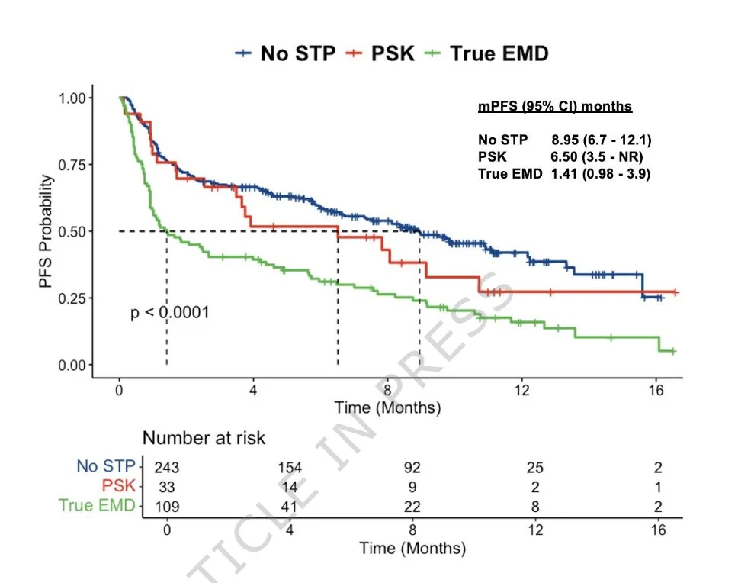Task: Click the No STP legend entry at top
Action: [285, 53]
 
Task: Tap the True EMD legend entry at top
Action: [487, 53]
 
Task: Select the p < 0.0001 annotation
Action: [170, 312]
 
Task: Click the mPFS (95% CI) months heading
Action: [555, 106]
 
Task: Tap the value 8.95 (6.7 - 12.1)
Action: [602, 140]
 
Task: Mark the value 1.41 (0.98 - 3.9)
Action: [601, 173]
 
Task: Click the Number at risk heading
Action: [204, 438]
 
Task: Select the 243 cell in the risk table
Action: [166, 468]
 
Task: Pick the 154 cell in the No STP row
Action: [290, 468]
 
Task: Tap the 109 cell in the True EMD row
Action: [166, 506]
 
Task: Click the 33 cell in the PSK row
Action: [166, 487]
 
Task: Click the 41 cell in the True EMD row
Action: [290, 506]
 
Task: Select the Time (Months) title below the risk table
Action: [412, 547]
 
